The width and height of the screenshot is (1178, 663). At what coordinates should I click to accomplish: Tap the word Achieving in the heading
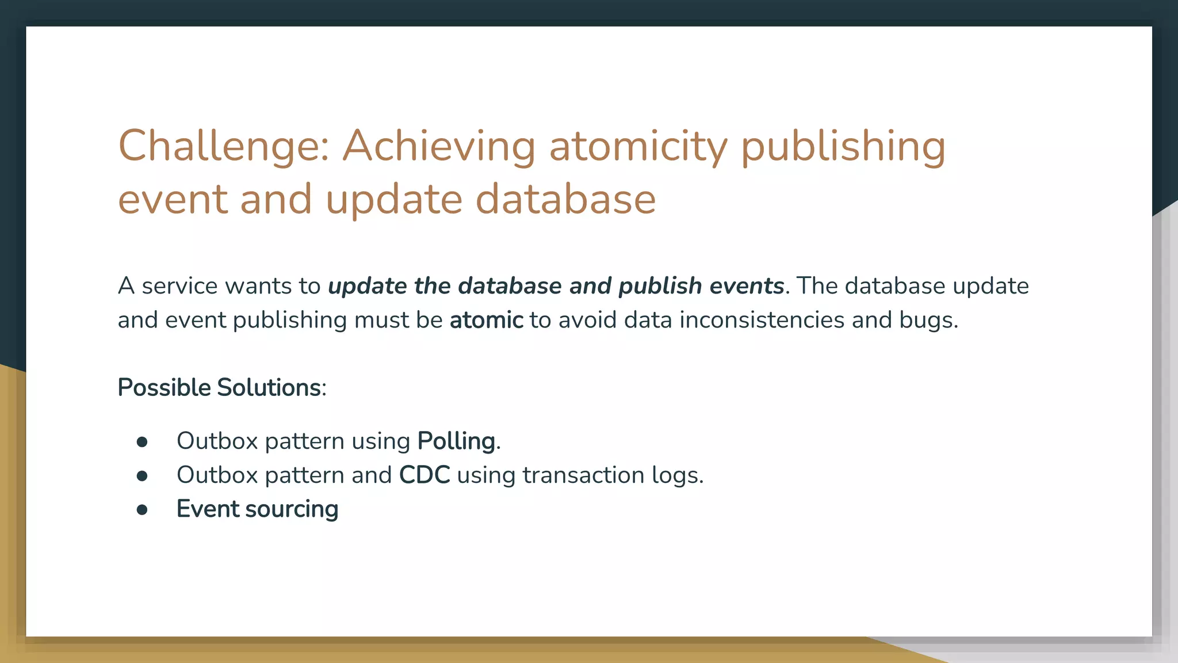[x=439, y=146]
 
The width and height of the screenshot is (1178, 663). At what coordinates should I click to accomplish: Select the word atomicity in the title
[x=638, y=146]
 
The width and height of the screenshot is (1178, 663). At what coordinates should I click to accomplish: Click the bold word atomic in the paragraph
[x=486, y=320]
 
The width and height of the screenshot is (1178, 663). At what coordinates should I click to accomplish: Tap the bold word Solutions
[x=269, y=387]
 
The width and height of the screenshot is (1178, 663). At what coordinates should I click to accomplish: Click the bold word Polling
[x=456, y=441]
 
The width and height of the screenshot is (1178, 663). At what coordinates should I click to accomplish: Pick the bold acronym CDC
[x=424, y=475]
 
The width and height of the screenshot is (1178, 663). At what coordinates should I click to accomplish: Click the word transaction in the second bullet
[x=583, y=475]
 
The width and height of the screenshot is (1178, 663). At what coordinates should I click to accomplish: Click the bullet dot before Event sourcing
[x=142, y=510]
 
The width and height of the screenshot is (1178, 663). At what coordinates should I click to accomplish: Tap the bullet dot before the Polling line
[x=142, y=442]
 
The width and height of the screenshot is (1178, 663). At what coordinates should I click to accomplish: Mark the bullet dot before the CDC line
[x=142, y=476]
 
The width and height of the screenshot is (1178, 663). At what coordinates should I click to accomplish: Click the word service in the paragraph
[x=179, y=286]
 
